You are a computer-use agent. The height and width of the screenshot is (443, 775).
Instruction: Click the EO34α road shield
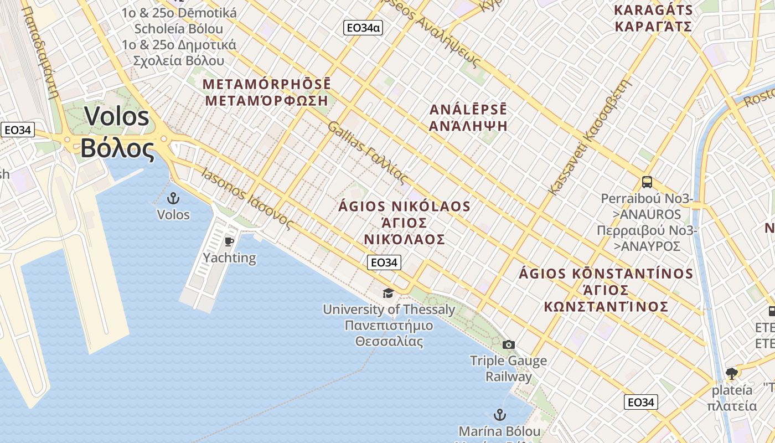click(x=363, y=27)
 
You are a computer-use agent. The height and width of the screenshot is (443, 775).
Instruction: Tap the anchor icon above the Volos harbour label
click(x=173, y=198)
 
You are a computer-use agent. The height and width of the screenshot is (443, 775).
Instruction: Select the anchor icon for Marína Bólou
click(x=499, y=415)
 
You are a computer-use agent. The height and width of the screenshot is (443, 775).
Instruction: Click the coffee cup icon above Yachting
click(x=229, y=241)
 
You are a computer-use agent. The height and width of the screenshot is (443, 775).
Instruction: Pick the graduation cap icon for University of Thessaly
click(x=389, y=293)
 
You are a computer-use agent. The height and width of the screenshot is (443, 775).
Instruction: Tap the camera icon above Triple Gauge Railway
click(x=508, y=344)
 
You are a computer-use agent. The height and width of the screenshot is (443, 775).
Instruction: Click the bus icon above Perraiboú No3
click(x=647, y=182)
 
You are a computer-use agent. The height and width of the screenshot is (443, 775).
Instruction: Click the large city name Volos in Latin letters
click(x=116, y=117)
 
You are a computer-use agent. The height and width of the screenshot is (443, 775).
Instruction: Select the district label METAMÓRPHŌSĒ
click(x=267, y=84)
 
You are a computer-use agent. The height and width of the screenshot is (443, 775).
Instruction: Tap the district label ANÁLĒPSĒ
click(x=468, y=109)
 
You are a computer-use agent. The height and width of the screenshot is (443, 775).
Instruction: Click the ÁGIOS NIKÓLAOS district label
click(x=405, y=207)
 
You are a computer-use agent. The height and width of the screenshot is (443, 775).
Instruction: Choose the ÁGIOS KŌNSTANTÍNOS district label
click(x=606, y=274)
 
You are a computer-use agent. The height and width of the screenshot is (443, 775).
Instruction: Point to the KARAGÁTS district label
click(x=654, y=10)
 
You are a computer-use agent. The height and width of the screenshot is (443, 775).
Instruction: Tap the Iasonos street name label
click(x=224, y=184)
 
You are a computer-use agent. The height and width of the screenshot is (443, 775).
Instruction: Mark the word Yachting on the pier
click(x=229, y=258)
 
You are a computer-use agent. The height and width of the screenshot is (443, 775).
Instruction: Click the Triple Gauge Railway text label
click(x=508, y=369)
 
